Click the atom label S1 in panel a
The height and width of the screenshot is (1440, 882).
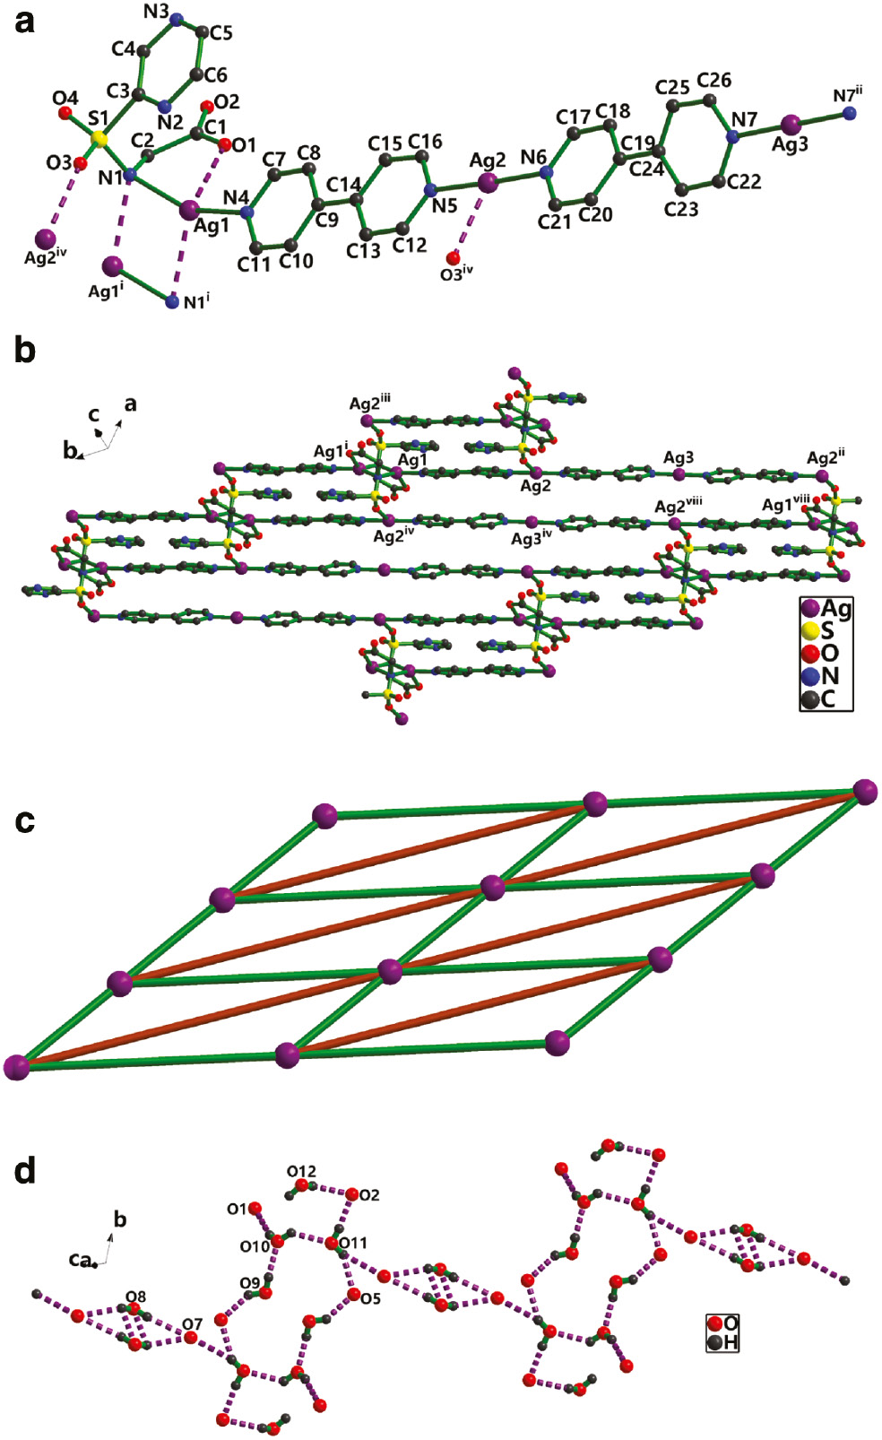coord(98,117)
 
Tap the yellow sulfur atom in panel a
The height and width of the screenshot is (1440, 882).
coord(100,139)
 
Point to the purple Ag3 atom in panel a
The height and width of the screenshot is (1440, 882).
coord(791,123)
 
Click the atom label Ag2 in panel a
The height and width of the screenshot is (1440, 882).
coord(488,160)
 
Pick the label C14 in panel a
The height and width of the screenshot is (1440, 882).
coord(343,184)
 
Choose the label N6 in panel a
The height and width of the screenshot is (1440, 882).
coord(533,157)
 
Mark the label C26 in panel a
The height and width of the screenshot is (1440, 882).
coord(713,80)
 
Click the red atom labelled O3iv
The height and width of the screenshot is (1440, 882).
coord(454,258)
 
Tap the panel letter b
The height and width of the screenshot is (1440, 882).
coord(24,350)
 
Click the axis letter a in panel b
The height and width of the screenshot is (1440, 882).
coord(131,403)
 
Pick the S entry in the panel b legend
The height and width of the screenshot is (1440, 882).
coord(826,631)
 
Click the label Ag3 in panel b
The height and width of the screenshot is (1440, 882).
coord(679,457)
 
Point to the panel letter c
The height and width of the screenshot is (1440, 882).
coord(24,820)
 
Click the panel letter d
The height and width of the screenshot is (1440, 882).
coord(24,1170)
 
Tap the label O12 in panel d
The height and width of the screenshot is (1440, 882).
coord(301,1171)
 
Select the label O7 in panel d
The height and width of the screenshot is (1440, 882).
coord(193,1323)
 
